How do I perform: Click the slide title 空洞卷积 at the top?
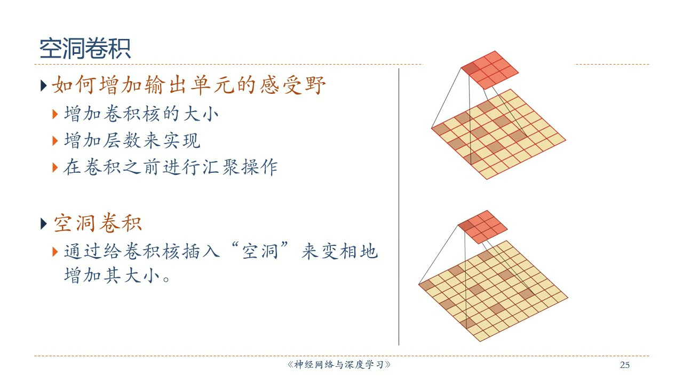click(85, 49)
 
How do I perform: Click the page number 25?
click(625, 365)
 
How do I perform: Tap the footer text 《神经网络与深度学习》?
click(339, 364)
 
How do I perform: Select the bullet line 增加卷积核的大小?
click(141, 114)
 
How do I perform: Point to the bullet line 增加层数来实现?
click(132, 140)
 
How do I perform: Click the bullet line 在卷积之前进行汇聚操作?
click(171, 167)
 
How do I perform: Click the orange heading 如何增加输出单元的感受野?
click(189, 85)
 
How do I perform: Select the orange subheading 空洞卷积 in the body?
click(98, 223)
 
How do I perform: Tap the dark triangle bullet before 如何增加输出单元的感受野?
click(44, 86)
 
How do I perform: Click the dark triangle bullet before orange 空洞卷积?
click(44, 224)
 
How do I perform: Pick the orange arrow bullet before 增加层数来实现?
click(55, 141)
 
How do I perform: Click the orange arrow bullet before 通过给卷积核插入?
click(55, 252)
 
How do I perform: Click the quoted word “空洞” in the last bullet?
click(260, 251)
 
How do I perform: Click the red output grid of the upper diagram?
click(490, 70)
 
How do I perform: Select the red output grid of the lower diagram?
click(483, 227)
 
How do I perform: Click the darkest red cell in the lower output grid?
click(466, 226)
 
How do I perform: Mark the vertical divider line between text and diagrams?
click(399, 207)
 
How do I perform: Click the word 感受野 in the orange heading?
click(293, 85)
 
